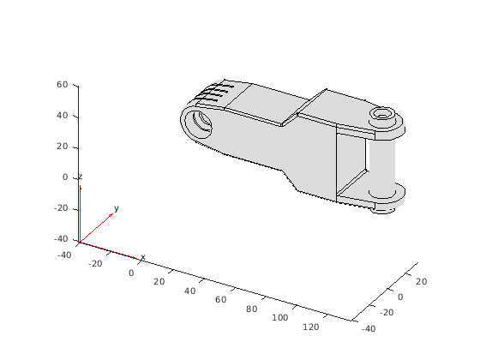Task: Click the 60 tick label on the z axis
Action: (62, 85)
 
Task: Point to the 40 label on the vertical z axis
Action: (62, 116)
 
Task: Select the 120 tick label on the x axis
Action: (310, 327)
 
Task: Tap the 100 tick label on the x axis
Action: (280, 318)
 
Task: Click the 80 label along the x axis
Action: (251, 309)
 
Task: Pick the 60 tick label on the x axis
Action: (221, 300)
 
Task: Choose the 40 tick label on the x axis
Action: (189, 291)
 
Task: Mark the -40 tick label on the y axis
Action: (369, 329)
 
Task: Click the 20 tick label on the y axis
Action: (421, 282)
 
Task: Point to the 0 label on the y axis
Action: (400, 297)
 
